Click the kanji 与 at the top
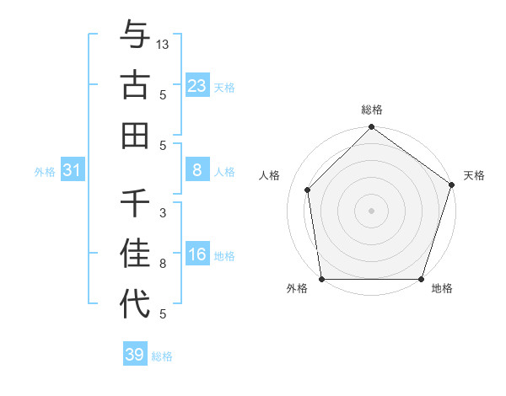point(135,35)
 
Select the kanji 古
point(135,85)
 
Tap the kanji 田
point(135,135)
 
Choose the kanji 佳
point(135,254)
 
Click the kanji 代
point(135,304)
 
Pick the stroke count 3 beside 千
point(163,213)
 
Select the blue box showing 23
point(196,86)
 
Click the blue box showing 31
point(73,171)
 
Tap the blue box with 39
point(134,355)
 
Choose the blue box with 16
point(196,255)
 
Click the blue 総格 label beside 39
point(162,356)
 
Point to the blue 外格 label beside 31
point(45,172)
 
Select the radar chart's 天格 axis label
point(474,175)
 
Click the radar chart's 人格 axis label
point(270,175)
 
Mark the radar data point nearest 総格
point(371,129)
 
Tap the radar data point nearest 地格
point(422,279)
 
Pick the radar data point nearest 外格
point(321,279)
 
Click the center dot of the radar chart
point(371,210)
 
